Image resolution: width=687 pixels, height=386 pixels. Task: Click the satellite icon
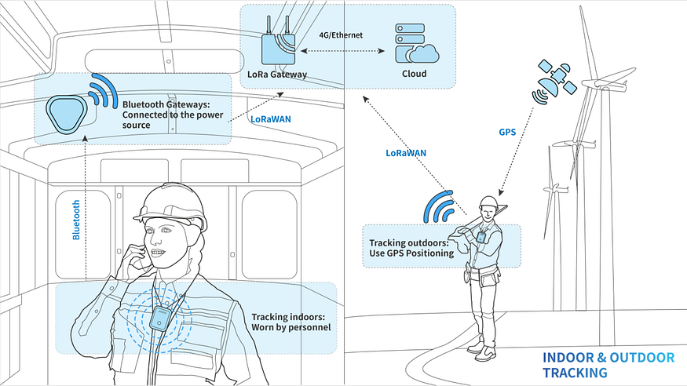click(x=552, y=81)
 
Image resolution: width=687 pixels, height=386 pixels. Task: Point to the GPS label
click(x=507, y=133)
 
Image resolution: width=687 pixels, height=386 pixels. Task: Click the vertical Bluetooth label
click(x=76, y=219)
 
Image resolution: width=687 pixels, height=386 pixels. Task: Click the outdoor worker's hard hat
click(x=488, y=202)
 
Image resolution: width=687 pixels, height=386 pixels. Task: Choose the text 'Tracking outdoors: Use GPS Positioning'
click(x=411, y=247)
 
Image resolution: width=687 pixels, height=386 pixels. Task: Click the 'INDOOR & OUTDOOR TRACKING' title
click(x=608, y=365)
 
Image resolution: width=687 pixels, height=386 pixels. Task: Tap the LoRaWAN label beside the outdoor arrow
click(x=407, y=153)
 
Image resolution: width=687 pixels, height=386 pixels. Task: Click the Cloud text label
click(x=413, y=74)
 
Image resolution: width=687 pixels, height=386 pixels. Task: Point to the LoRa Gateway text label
click(x=276, y=75)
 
